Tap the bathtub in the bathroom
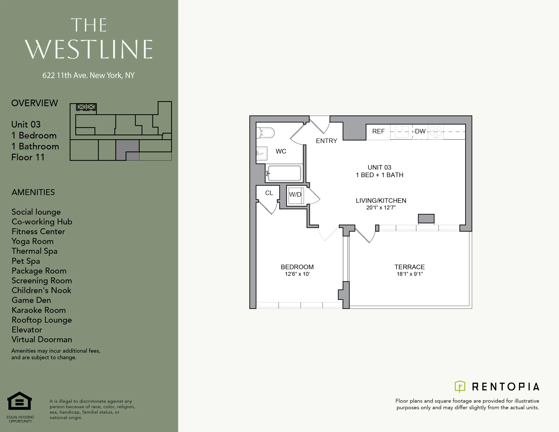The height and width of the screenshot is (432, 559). coord(284,173)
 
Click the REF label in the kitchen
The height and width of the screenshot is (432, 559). coord(378,131)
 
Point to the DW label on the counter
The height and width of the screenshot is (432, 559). coord(420,131)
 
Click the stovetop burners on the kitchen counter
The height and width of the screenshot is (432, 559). coord(435,131)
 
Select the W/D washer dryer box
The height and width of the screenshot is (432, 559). coord(295,195)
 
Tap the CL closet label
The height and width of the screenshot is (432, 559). coord(269,193)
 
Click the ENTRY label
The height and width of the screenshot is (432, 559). coord(326,141)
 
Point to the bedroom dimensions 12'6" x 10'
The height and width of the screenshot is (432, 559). coord(297,274)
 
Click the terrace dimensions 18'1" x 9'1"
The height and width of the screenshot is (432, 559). coord(409,274)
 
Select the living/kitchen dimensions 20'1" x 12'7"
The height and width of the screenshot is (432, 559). coord(381,208)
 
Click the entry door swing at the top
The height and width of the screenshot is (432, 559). coord(320,125)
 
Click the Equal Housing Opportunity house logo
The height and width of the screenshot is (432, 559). coord(20,401)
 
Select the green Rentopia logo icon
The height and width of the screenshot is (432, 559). coord(460,386)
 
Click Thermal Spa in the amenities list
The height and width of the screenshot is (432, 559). coord(34,251)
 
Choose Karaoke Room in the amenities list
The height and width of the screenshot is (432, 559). coord(39,310)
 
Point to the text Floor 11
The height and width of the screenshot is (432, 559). coord(28,157)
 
